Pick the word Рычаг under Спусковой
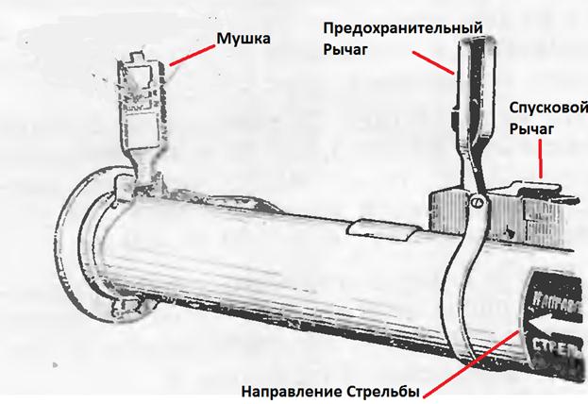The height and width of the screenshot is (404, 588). pyautogui.click(x=529, y=127)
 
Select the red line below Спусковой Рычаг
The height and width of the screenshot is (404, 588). pyautogui.click(x=539, y=158)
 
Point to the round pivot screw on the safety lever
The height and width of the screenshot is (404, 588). pyautogui.click(x=479, y=200)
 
